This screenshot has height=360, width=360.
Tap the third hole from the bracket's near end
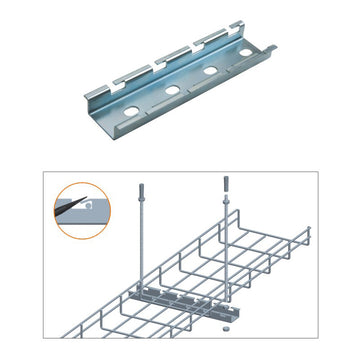click(209, 73)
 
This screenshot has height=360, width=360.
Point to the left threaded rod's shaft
click(138, 240)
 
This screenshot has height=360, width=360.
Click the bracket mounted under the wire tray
click(180, 300)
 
